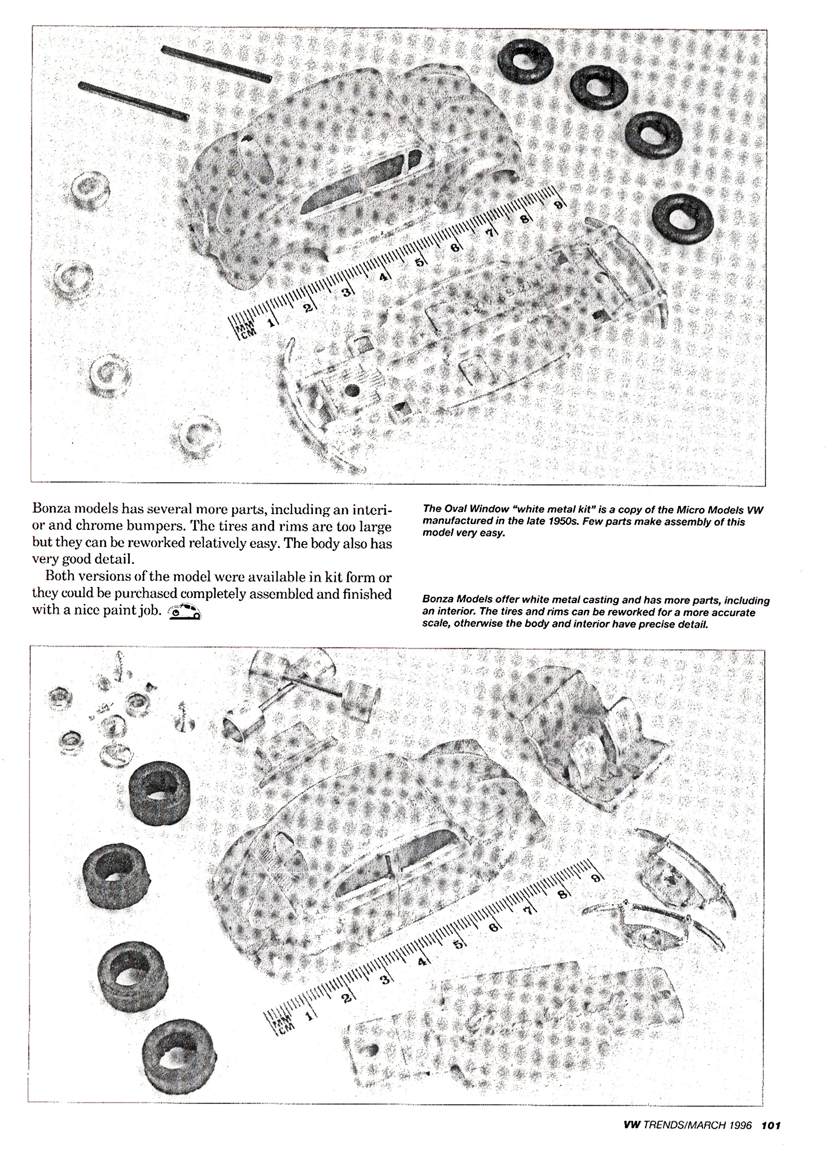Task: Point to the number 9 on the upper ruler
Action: [x=558, y=204]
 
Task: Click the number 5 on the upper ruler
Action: [x=420, y=263]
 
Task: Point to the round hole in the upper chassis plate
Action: [x=350, y=390]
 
